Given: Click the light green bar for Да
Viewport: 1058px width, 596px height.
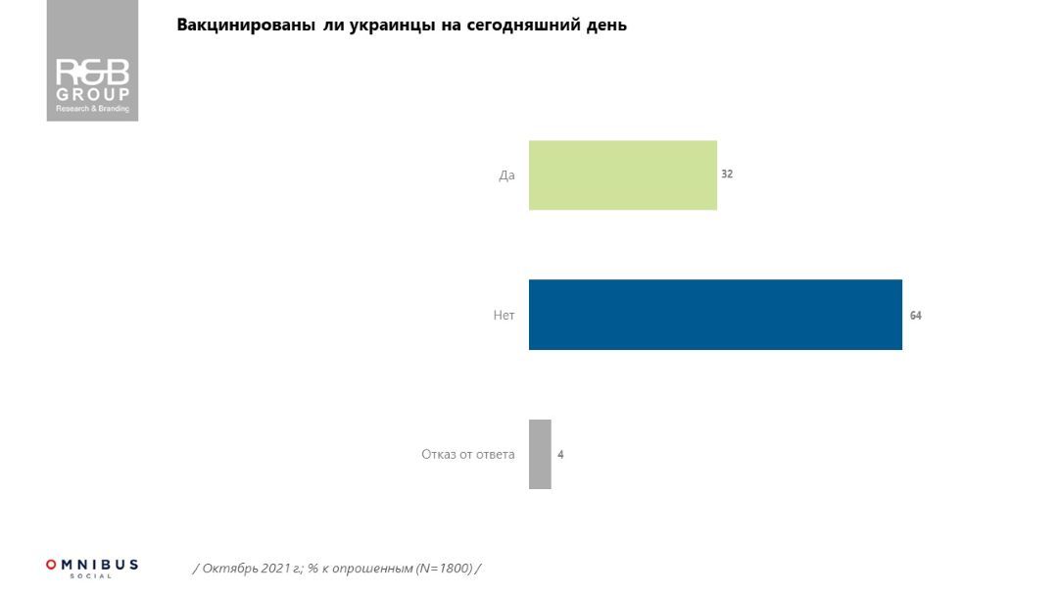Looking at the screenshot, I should click(x=622, y=175).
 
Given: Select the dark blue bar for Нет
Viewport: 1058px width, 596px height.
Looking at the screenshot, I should click(x=715, y=315).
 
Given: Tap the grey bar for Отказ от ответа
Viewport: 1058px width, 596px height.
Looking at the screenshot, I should click(x=540, y=454).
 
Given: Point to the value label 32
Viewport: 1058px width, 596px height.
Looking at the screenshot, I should click(x=727, y=174).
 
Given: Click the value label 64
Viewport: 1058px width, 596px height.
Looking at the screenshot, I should click(x=916, y=316).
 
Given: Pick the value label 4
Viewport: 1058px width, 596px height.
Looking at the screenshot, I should click(x=560, y=455).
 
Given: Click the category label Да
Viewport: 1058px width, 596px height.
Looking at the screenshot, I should click(x=506, y=175).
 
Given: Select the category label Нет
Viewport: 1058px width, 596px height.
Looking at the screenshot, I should click(x=504, y=316).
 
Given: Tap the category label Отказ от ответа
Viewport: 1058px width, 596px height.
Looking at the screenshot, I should click(x=467, y=455).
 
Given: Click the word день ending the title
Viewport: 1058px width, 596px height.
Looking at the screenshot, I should click(x=606, y=25).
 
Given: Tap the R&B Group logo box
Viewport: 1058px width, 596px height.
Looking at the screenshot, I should click(x=92, y=61).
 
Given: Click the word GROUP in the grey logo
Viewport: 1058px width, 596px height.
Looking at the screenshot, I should click(x=92, y=94).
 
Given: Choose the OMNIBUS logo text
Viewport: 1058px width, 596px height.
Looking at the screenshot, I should click(x=92, y=566).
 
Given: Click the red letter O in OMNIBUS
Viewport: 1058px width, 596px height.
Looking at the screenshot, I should click(x=51, y=565).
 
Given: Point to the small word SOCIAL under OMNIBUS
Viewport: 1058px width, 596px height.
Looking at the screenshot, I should click(x=92, y=576).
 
